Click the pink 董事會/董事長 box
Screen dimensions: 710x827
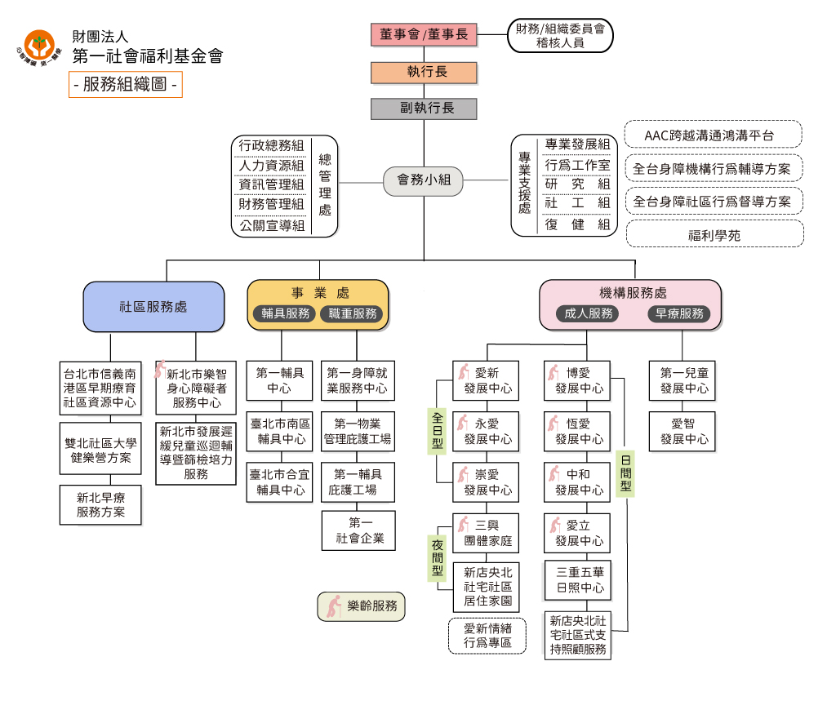423,35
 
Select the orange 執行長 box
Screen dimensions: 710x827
423,72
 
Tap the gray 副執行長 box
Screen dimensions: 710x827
423,109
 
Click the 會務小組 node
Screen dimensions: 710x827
423,180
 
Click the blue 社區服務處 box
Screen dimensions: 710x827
153,307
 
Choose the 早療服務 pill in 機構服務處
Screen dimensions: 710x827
679,313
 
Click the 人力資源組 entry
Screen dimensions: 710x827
271,166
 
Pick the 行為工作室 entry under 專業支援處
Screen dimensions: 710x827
577,165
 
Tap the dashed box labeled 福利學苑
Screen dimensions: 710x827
714,235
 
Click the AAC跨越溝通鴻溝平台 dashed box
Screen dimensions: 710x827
713,135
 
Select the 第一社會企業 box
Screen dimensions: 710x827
359,530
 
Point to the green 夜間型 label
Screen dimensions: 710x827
437,557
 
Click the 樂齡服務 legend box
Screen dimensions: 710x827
361,606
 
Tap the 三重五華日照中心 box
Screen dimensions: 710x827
579,580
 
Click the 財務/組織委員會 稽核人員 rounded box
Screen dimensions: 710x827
560,36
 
